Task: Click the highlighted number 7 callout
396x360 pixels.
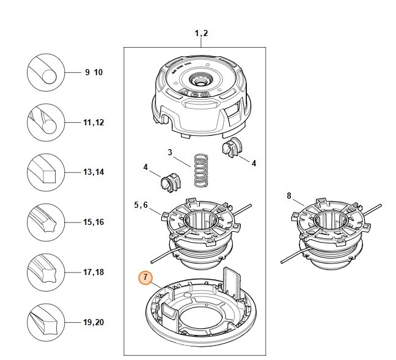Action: tap(145, 277)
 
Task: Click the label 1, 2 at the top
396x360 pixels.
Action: tap(202, 33)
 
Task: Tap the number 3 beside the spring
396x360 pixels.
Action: tap(170, 152)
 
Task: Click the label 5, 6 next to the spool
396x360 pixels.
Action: tap(141, 205)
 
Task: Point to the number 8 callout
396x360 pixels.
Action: tap(289, 196)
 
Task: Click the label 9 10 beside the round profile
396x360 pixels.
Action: tap(94, 72)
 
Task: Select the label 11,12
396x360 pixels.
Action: tap(94, 122)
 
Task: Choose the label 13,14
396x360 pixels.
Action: tap(94, 172)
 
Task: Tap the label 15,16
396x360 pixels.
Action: tap(94, 222)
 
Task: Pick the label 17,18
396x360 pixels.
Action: tap(94, 272)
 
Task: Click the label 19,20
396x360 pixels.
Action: tap(94, 321)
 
